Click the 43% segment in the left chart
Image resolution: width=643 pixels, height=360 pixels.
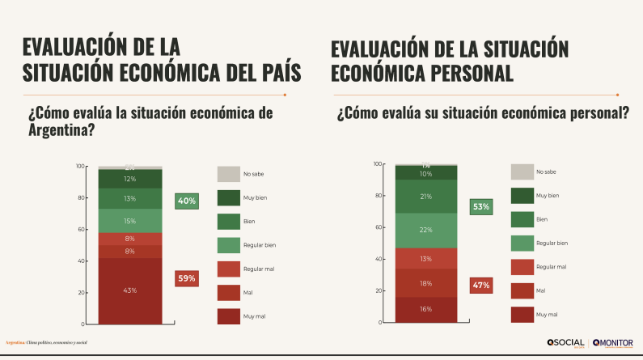pos(129,290)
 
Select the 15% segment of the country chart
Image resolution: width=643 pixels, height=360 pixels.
pos(129,220)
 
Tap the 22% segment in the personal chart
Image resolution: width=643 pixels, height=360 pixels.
pos(425,231)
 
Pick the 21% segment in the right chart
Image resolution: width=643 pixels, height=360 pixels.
pos(425,197)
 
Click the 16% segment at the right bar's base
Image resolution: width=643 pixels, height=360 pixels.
pos(425,309)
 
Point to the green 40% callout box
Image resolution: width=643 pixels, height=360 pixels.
pos(187,201)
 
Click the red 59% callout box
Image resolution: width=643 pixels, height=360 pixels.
pos(187,279)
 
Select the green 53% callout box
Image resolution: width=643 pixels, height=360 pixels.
pos(481,207)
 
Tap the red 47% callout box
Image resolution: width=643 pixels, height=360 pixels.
pos(481,286)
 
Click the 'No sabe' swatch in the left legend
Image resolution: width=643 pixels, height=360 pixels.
pos(229,174)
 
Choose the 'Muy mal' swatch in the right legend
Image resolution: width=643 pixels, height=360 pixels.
pos(522,313)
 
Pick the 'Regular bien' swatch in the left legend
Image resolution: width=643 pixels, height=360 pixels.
pos(229,244)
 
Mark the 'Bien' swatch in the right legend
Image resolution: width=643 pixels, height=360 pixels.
pos(522,218)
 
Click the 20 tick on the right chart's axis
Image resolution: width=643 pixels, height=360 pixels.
pos(377,290)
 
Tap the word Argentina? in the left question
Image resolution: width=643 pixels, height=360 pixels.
pos(59,129)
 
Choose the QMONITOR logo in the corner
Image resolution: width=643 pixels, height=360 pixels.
pos(613,342)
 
